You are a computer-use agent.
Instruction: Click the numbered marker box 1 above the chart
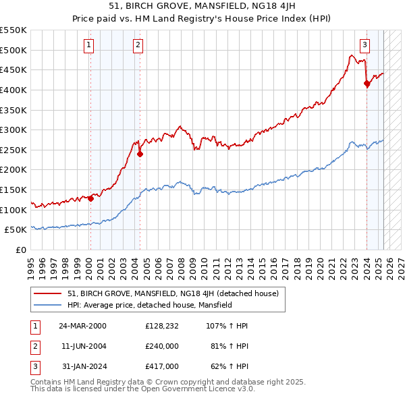(x=89, y=45)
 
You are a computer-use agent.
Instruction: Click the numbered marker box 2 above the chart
(x=138, y=45)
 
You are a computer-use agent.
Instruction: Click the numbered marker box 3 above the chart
(x=364, y=45)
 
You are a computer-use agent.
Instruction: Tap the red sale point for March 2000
(x=90, y=198)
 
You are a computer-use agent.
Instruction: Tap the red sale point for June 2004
(x=140, y=154)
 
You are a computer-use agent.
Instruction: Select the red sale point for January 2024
(x=367, y=84)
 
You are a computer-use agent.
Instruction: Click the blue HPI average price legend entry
(x=149, y=305)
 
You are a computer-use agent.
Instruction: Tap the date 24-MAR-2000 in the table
(x=82, y=326)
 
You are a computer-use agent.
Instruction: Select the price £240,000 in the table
(x=161, y=346)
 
